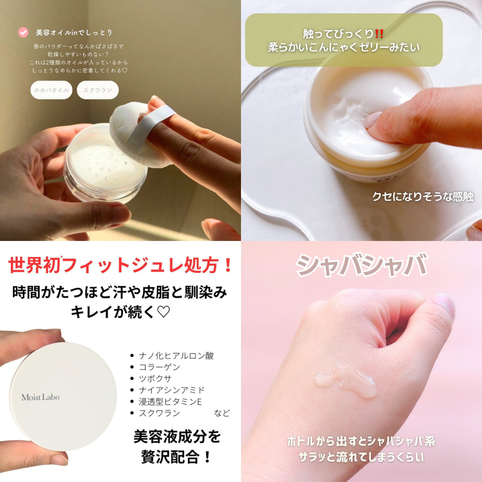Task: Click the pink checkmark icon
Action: point(23,32)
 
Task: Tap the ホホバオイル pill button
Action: point(51,90)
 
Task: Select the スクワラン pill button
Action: point(98,90)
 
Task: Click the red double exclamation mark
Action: point(379,33)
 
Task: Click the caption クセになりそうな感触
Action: point(423,197)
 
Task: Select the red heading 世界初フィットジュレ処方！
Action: point(120,265)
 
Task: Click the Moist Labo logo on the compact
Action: point(40,397)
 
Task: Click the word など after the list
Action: point(222,413)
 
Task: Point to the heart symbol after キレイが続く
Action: point(163,312)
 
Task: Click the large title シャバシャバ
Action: point(361,265)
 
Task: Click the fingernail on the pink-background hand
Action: point(443,304)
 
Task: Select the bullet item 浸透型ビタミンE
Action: point(170,402)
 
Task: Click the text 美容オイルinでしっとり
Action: point(74,32)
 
